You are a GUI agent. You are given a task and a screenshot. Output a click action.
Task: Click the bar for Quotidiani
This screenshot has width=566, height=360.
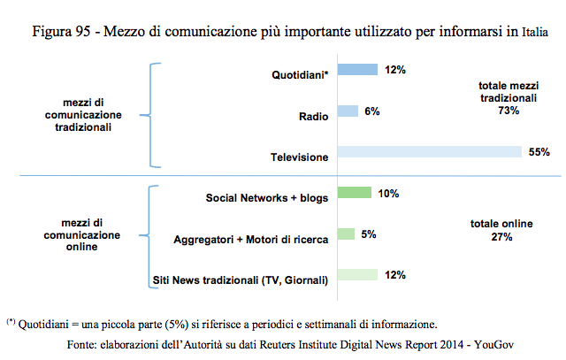pyautogui.click(x=356, y=70)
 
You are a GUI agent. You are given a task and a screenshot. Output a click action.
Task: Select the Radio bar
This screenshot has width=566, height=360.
pyautogui.click(x=347, y=111)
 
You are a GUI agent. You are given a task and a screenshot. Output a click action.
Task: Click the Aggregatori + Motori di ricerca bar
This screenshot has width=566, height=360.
pyautogui.click(x=345, y=234)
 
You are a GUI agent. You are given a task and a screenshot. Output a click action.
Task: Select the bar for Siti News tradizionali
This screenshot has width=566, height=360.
pyautogui.click(x=356, y=275)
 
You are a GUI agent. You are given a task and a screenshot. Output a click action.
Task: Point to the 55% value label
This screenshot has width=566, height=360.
pyautogui.click(x=539, y=152)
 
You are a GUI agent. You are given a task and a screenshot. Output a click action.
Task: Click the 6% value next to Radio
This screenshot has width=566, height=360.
pyautogui.click(x=371, y=111)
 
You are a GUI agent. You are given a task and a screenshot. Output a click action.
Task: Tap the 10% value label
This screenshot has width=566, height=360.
pyautogui.click(x=388, y=193)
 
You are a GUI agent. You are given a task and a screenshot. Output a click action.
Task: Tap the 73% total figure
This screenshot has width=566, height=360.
pyautogui.click(x=508, y=110)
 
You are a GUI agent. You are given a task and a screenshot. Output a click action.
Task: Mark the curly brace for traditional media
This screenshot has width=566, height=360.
pyautogui.click(x=155, y=114)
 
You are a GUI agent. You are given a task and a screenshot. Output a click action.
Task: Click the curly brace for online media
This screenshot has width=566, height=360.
pyautogui.click(x=155, y=237)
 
